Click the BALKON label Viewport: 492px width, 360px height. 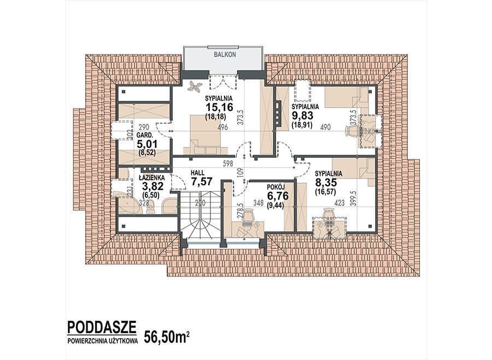point(225,54)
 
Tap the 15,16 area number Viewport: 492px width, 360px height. point(219,107)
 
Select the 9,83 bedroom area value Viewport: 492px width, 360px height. point(303,115)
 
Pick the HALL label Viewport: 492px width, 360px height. point(198,173)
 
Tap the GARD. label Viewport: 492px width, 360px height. point(144,136)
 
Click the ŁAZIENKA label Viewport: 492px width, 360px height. point(151,178)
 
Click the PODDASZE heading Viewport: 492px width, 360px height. point(102,327)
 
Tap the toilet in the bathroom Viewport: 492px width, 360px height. point(151,207)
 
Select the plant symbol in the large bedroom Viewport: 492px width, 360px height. point(194,86)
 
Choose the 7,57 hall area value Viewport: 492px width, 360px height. point(202,181)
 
